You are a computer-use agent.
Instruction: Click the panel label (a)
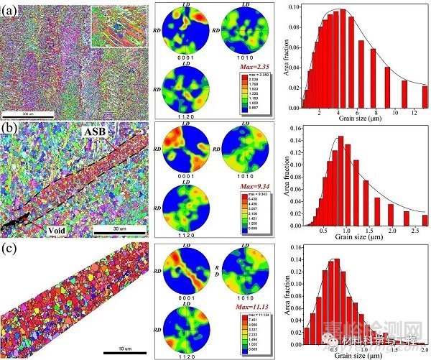[x=10, y=9]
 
